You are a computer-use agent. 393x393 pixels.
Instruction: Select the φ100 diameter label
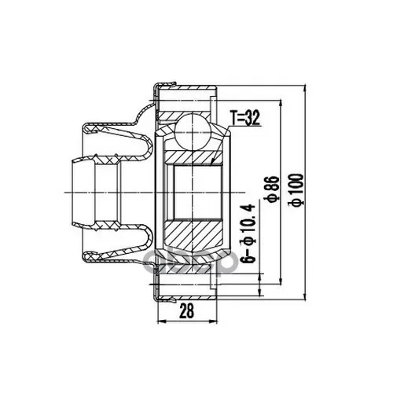click(295, 189)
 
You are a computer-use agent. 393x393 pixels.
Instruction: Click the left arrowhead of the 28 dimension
click(160, 321)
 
